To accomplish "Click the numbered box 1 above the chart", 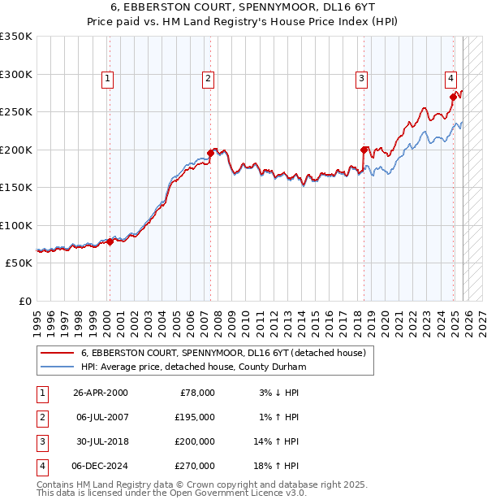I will [108, 79].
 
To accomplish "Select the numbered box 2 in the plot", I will [209, 79].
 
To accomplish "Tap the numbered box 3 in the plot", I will [360, 79].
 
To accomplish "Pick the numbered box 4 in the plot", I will [450, 79].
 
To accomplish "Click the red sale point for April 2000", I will [110, 242].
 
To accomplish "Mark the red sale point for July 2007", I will [210, 153].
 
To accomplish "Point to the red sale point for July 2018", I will [364, 150].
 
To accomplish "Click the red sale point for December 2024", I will [453, 97].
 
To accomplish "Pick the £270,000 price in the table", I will [195, 466].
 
